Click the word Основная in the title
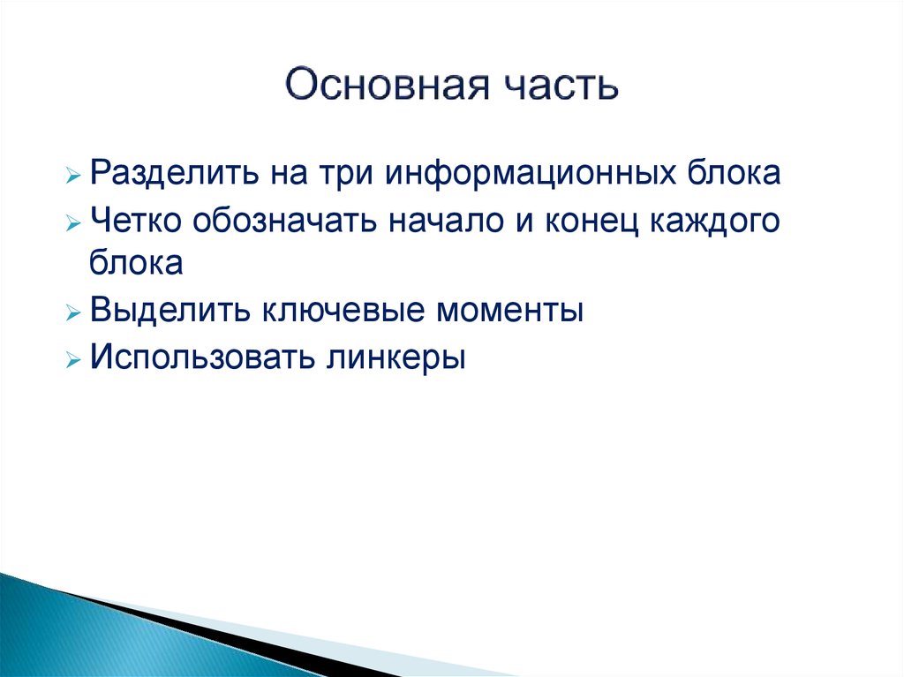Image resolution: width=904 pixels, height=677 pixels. (388, 85)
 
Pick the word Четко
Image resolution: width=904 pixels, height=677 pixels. (136, 220)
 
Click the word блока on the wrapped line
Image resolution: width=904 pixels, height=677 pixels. (136, 262)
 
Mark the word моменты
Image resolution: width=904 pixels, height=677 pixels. (509, 311)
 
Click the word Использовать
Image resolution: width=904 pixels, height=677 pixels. (203, 357)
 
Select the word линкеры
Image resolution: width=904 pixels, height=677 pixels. (396, 357)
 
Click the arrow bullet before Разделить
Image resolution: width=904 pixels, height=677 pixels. (73, 175)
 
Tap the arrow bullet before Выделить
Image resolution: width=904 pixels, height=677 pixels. (73, 313)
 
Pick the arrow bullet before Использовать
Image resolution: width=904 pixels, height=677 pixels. (73, 360)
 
